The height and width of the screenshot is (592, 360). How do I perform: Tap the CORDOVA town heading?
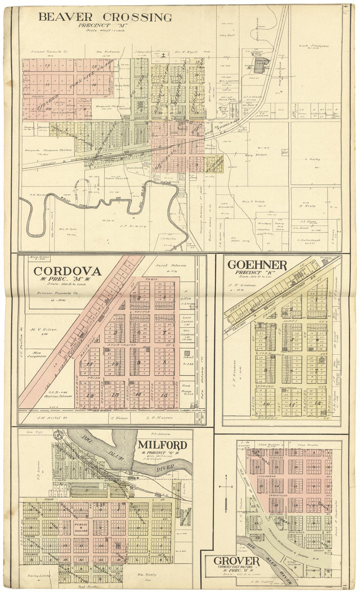[x=67, y=271]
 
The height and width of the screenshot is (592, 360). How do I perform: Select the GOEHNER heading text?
[x=257, y=265]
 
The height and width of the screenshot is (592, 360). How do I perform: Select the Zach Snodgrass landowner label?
[x=314, y=46]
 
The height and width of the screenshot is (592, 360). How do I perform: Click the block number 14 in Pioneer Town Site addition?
[x=47, y=65]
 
